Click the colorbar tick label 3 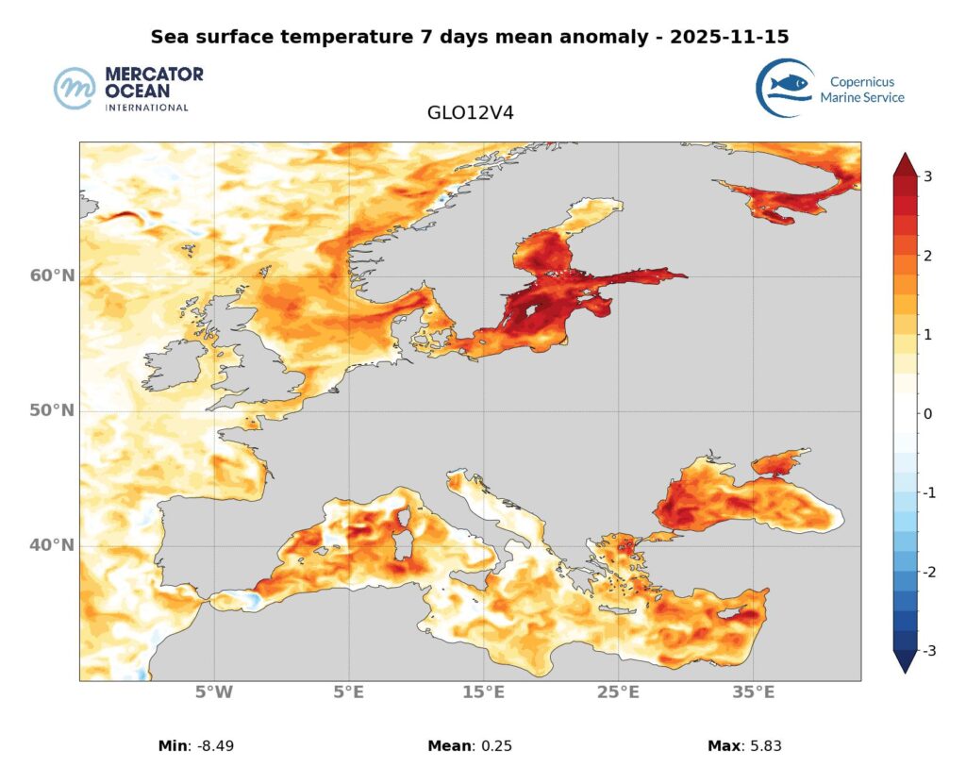click(929, 176)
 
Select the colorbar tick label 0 click(929, 413)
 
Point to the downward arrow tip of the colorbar click(905, 670)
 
